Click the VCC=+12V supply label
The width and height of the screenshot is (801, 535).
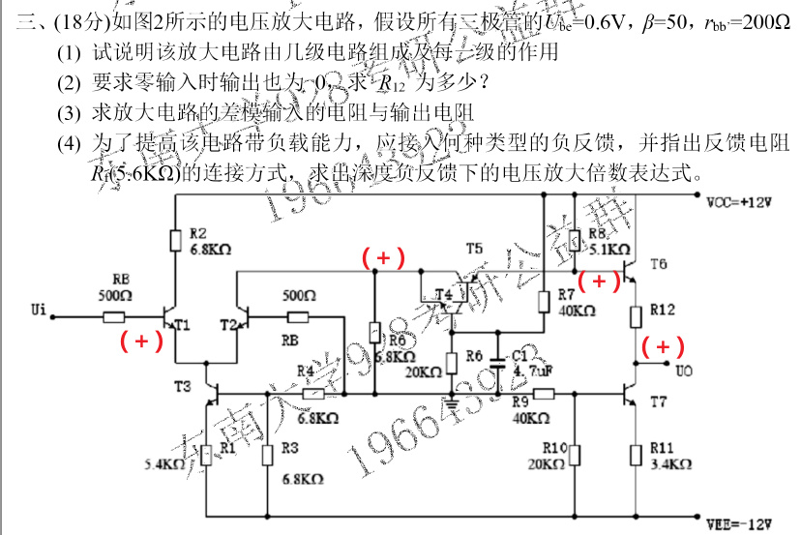click(x=744, y=203)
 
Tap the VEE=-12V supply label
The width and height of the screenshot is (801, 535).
click(x=744, y=524)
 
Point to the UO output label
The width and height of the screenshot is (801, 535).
click(x=684, y=370)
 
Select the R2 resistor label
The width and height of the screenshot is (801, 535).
click(x=197, y=233)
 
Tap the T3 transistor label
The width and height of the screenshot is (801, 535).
click(x=182, y=385)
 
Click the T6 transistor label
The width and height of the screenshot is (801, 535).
click(x=659, y=263)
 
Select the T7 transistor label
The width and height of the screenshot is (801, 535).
click(x=659, y=400)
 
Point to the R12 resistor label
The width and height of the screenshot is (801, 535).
click(x=663, y=310)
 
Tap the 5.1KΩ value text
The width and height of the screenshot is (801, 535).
click(x=607, y=247)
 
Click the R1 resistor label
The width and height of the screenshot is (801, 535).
click(x=227, y=447)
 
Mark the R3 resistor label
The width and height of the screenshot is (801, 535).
click(x=289, y=447)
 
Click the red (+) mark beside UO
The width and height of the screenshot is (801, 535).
click(x=663, y=346)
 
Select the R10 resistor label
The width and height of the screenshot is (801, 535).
click(x=553, y=447)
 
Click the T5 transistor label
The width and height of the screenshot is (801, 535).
click(x=473, y=249)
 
